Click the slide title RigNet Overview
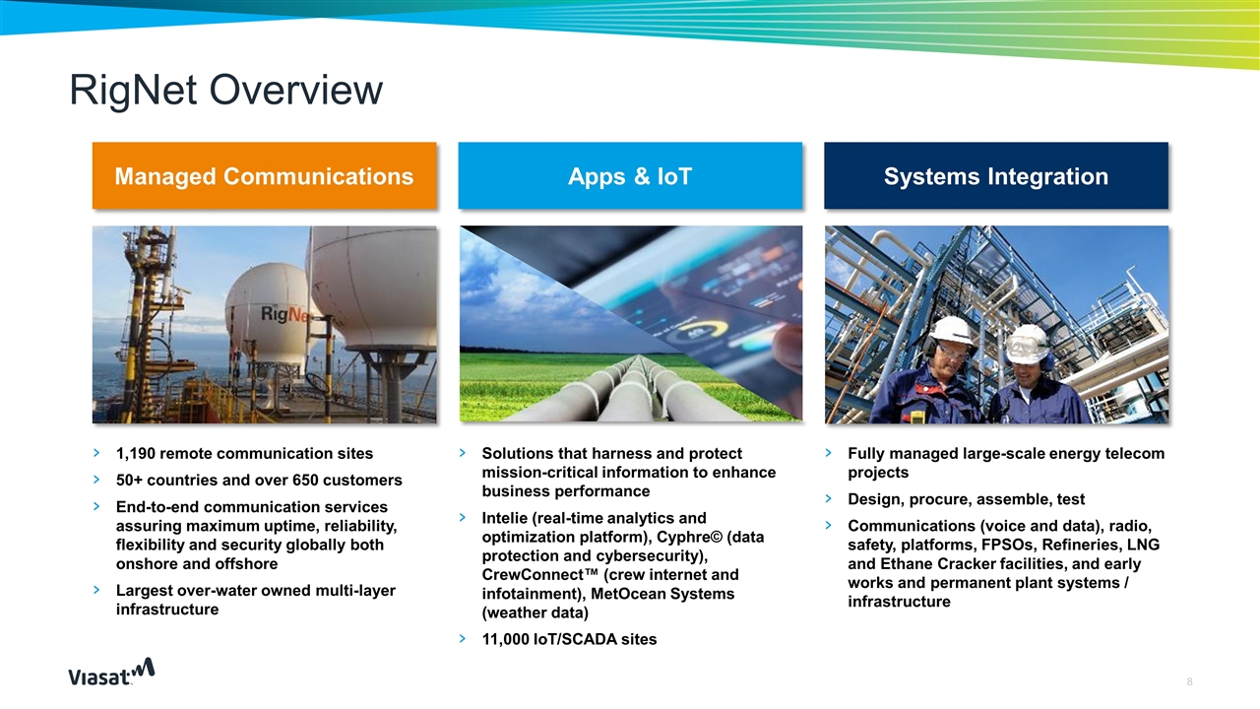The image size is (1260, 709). click(225, 91)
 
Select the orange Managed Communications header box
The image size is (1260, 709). click(264, 176)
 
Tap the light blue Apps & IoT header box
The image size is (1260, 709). click(630, 176)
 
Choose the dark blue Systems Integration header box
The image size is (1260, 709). click(995, 176)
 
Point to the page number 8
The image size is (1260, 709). click(1190, 681)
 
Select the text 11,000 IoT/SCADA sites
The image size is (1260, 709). click(569, 639)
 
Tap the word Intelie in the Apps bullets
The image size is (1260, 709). click(508, 518)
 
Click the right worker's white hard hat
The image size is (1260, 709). click(1028, 341)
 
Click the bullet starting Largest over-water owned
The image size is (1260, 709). click(255, 600)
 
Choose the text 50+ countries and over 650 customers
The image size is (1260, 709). click(259, 481)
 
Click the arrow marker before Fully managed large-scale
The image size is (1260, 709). click(829, 454)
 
